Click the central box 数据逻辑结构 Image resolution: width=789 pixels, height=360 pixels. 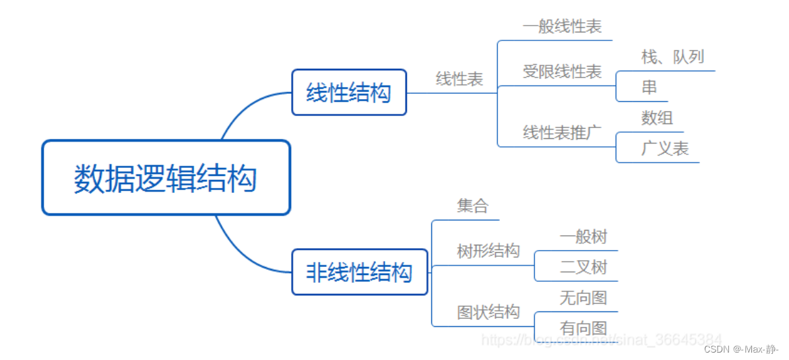pos(166,178)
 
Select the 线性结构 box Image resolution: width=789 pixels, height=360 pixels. pos(349,92)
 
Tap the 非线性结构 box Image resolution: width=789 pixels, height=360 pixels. pos(359,272)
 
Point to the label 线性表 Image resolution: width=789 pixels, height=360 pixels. pos(460,79)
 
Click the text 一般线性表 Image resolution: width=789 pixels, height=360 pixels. pos(562,27)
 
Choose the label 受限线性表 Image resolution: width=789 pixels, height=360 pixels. pos(562,71)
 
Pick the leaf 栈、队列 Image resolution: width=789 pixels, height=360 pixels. pos(672,57)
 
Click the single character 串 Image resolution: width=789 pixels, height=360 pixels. pos(649,87)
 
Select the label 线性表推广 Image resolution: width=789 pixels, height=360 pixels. pos(562,132)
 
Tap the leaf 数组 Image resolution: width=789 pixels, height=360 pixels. pos(657,118)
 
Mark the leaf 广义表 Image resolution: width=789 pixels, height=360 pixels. pos(664,148)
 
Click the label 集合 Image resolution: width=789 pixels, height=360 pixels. pos(472,206)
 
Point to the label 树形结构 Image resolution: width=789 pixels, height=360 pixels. pos(488,251)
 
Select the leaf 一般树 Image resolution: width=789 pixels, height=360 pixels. pos(583,237)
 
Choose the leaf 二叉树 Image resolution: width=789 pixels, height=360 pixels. pos(583,267)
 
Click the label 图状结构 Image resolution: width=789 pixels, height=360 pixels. pos(488,312)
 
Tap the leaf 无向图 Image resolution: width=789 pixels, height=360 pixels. pos(583,297)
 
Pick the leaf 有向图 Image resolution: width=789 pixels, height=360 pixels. pos(583,328)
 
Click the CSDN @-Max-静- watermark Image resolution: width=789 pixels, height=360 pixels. pos(740,349)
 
